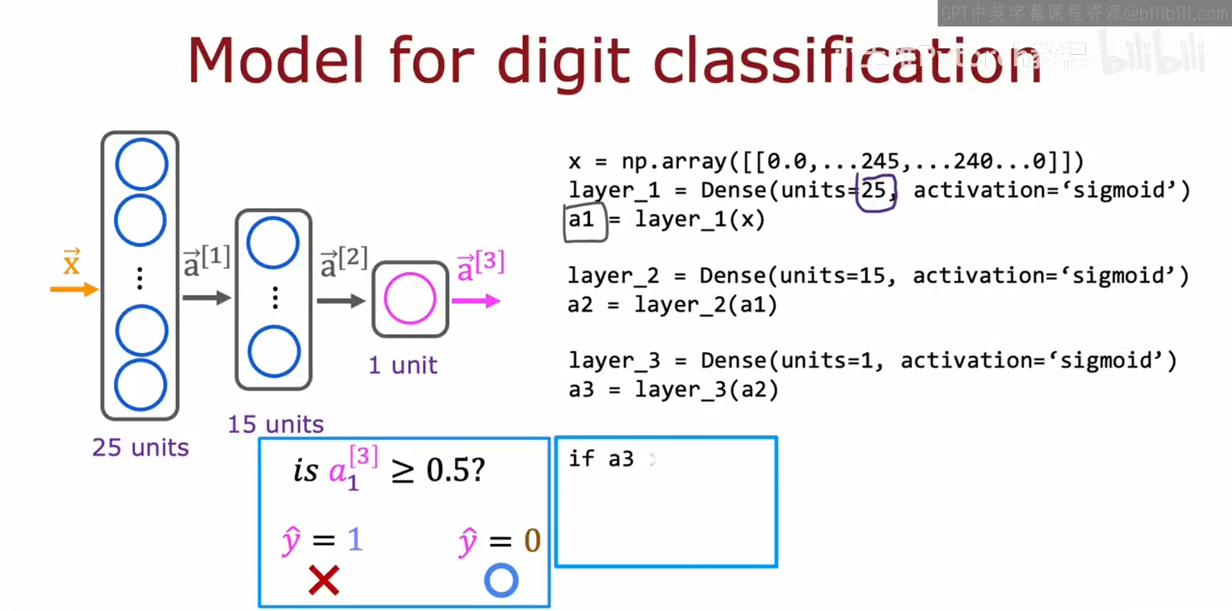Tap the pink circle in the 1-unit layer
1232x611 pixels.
[410, 298]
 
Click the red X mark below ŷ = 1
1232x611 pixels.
[324, 580]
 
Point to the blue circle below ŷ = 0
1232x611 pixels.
[501, 580]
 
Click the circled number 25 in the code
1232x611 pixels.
[874, 191]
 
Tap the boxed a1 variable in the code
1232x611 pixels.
[583, 220]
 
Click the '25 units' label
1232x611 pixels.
[141, 448]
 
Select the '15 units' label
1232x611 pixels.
[275, 425]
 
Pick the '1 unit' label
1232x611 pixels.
[403, 365]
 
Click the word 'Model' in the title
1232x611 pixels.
[276, 61]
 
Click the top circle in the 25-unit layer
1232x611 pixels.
[141, 164]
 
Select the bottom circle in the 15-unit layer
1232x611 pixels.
[274, 351]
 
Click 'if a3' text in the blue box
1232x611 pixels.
[601, 459]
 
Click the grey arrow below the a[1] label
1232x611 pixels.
[206, 297]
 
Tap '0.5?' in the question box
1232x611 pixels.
[455, 470]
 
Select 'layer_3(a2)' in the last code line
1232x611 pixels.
[707, 390]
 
